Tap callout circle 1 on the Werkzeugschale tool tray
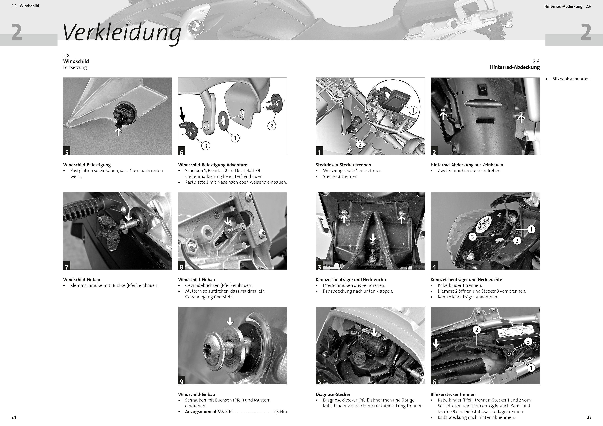coord(413,110)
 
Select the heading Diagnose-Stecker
coord(333,394)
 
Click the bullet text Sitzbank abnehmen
coord(572,79)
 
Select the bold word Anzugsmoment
coord(201,412)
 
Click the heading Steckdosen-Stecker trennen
coord(343,165)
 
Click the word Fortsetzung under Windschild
coord(75,67)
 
